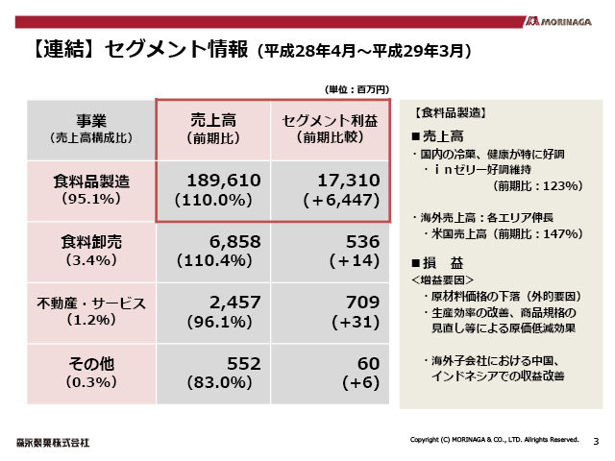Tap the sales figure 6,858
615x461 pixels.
[x=228, y=241]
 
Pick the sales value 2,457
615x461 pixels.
[x=228, y=303]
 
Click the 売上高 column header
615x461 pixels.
[x=213, y=120]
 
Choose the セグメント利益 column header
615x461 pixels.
[x=330, y=120]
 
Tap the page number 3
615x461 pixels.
[x=596, y=441]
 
